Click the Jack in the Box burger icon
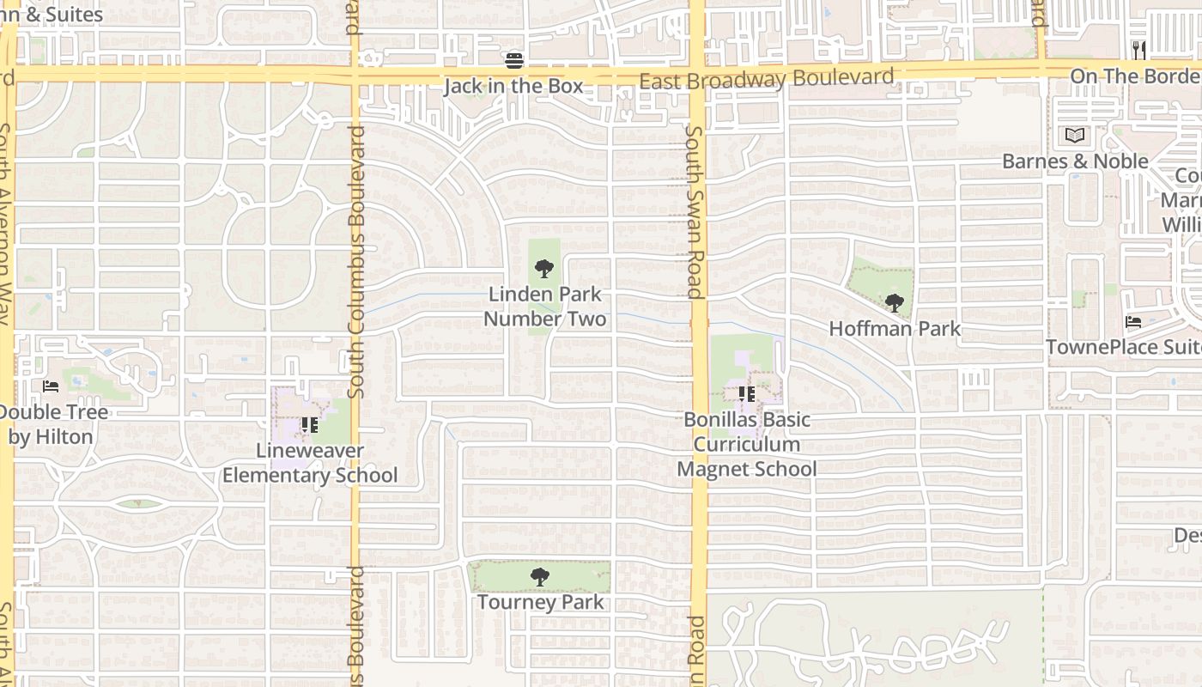(x=514, y=60)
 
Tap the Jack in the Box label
(x=513, y=86)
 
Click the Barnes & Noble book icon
(x=1075, y=136)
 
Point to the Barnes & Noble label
(x=1075, y=161)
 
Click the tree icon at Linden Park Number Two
(x=543, y=269)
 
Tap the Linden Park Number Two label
(x=544, y=307)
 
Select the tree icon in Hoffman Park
(x=895, y=302)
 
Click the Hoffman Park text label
(x=895, y=328)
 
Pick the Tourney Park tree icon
(x=539, y=577)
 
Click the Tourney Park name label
(x=540, y=602)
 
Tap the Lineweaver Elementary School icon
(x=309, y=425)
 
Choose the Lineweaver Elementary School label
(x=310, y=463)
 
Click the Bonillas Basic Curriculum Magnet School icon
(x=746, y=394)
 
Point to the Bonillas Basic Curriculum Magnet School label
(x=746, y=444)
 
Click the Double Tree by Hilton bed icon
(x=51, y=386)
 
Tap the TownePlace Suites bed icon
(x=1133, y=322)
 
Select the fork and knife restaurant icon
(x=1138, y=50)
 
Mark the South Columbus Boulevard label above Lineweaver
(x=357, y=262)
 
